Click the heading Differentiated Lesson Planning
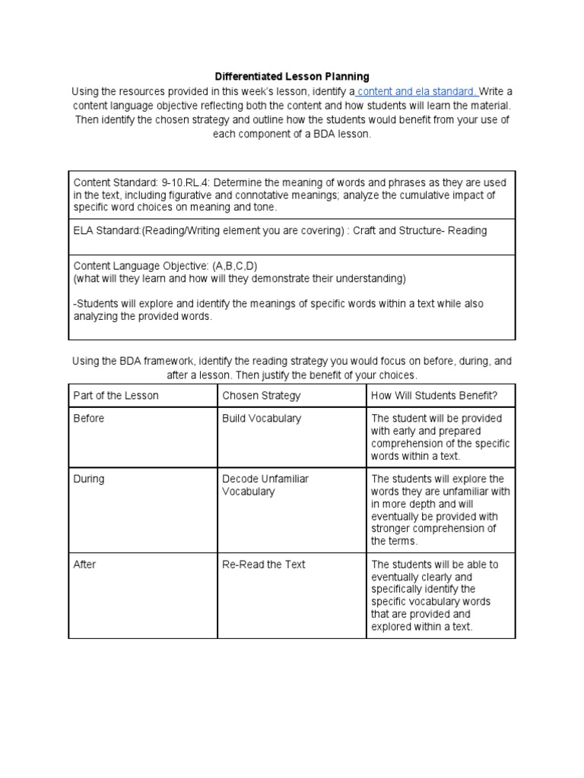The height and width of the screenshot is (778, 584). tap(292, 76)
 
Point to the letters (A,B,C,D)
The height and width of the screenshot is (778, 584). tap(241, 266)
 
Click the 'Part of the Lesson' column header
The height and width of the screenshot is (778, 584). tap(116, 395)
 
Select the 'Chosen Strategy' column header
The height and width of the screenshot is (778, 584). tap(261, 395)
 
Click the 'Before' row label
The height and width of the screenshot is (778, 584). tap(89, 419)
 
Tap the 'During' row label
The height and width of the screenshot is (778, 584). tap(89, 479)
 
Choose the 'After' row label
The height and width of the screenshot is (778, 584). tap(84, 565)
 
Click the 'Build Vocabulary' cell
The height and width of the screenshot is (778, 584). tap(261, 419)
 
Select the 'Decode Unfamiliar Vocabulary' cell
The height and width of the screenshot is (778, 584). tap(265, 485)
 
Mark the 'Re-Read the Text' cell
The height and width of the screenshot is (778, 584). tap(263, 565)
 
